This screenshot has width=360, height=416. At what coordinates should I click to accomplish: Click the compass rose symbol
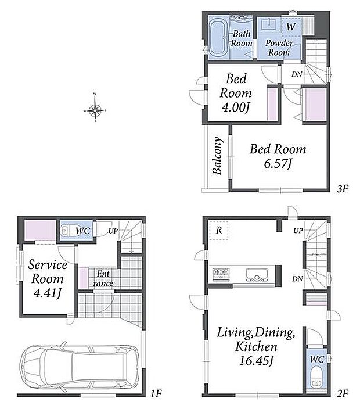tap(95, 109)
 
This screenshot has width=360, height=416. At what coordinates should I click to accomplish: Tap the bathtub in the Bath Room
tap(219, 38)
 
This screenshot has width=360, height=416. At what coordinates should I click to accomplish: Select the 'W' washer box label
tap(291, 27)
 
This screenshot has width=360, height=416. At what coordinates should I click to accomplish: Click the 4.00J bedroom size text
tap(236, 107)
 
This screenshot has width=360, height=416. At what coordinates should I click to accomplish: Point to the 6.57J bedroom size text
tap(278, 163)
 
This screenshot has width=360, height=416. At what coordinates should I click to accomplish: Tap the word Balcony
tap(217, 156)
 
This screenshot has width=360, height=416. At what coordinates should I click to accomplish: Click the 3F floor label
tap(342, 189)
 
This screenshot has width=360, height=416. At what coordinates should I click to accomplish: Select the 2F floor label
tap(342, 393)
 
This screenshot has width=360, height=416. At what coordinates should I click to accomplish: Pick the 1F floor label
tap(156, 393)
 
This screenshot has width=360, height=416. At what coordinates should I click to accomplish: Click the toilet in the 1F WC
tap(66, 231)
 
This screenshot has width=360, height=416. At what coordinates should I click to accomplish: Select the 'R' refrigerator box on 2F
tap(219, 230)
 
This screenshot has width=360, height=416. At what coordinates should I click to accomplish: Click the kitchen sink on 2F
tap(257, 275)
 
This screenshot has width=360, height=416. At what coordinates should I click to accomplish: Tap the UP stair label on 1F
tap(113, 231)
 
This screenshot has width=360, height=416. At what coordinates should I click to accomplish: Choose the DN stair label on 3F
tap(297, 74)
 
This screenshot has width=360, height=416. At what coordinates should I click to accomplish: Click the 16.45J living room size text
tap(256, 361)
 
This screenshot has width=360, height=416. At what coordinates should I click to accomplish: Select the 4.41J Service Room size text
tap(48, 293)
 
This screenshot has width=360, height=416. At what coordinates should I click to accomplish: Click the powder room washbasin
tap(268, 24)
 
